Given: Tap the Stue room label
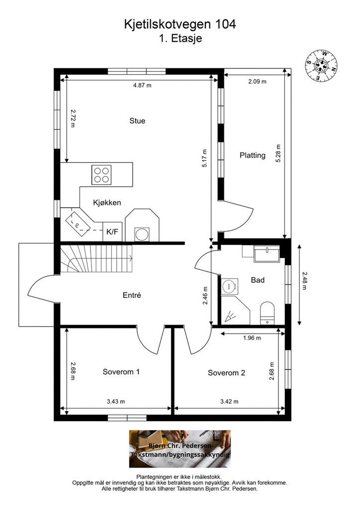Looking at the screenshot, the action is pos(137,121).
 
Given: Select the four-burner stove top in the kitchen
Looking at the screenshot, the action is pos(101,174).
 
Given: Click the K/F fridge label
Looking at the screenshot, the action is pos(112,232).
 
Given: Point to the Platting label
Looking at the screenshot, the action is pos(253,155).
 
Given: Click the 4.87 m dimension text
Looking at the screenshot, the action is pos(142,85).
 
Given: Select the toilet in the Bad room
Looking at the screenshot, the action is pos(267,313).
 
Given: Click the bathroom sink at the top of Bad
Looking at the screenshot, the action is pos(267,254).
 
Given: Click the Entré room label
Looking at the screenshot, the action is pos(132,295).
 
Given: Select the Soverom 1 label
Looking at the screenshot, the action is pos(121,372).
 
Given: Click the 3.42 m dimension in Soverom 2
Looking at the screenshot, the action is pos(229,401).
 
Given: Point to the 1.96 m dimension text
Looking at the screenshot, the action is pos(252,338).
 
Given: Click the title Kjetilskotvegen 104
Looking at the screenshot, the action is pos(180,24).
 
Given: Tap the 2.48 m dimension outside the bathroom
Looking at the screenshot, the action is pos(304,281).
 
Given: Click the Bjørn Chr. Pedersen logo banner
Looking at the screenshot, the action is pos(180,449).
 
